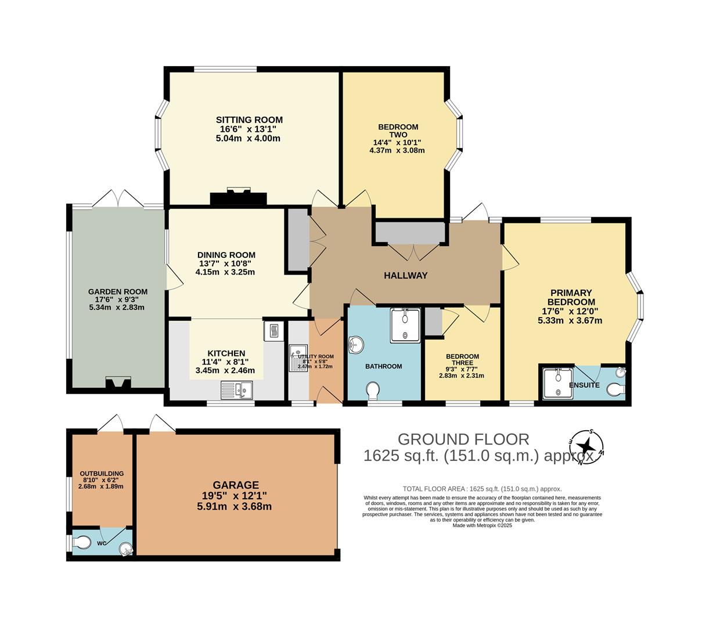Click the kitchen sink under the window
(238, 390)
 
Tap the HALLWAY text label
(405, 275)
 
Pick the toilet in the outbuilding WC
(82, 542)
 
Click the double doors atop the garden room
(118, 198)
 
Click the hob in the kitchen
(273, 331)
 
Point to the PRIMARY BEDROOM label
(571, 297)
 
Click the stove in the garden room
(118, 383)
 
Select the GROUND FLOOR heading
(463, 439)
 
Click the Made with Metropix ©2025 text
(482, 525)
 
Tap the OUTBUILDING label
(102, 474)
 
